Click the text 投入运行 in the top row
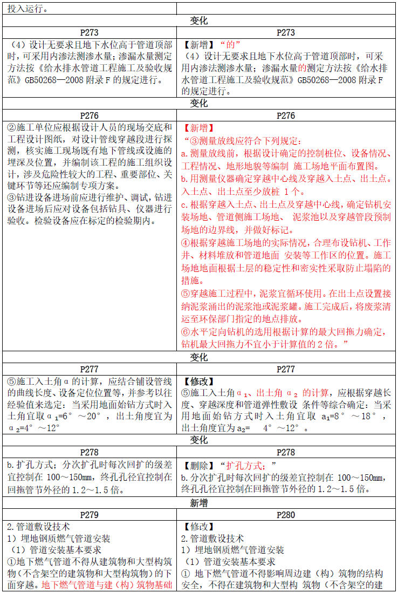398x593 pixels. click(x=26, y=9)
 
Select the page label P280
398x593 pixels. click(x=286, y=515)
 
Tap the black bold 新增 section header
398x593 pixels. click(x=199, y=503)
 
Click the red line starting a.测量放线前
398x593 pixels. click(x=285, y=153)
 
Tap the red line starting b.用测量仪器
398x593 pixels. click(x=286, y=178)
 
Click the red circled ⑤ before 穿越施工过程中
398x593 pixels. click(x=185, y=294)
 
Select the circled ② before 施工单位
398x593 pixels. click(x=11, y=128)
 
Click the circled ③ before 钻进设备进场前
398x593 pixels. click(x=11, y=197)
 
